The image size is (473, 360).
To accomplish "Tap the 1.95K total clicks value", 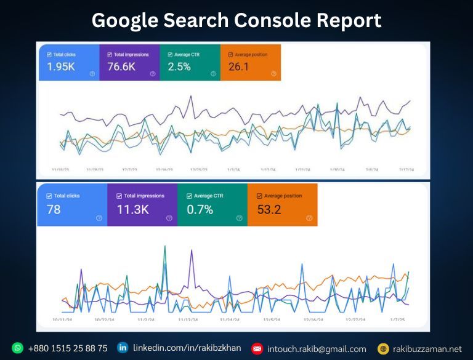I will point(61,66).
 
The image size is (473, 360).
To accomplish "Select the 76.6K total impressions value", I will point(121,66).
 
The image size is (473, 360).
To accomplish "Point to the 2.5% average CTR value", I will point(179,66).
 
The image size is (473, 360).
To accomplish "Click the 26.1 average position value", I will point(238,66).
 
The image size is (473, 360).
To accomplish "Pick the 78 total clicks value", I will point(54,209).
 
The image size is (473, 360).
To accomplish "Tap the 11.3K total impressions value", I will point(132,209).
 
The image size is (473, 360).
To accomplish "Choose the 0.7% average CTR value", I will point(200,209).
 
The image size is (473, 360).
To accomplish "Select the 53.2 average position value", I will point(269,209).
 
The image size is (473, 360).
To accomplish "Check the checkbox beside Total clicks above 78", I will point(49,196).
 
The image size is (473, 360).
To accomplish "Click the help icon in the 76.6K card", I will point(152,74).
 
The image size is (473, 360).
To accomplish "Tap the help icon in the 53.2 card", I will point(309,218).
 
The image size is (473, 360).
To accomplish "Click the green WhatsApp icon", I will point(17,348).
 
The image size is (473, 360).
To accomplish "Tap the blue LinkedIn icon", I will point(123,348).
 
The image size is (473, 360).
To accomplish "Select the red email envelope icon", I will point(257,349).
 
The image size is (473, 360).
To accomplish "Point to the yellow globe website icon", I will point(383,349).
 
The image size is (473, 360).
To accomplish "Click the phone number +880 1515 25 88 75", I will point(68,348).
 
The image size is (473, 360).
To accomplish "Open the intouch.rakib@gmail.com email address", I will point(317,349).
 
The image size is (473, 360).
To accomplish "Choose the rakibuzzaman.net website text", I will point(427,349).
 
